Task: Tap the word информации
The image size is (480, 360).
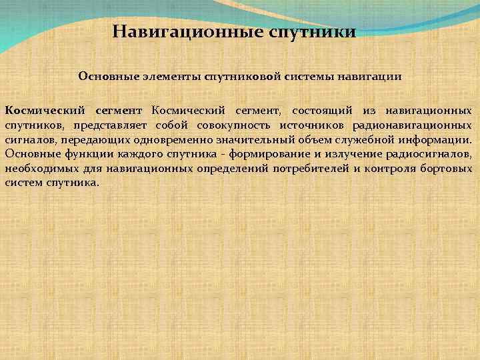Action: (x=433, y=140)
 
